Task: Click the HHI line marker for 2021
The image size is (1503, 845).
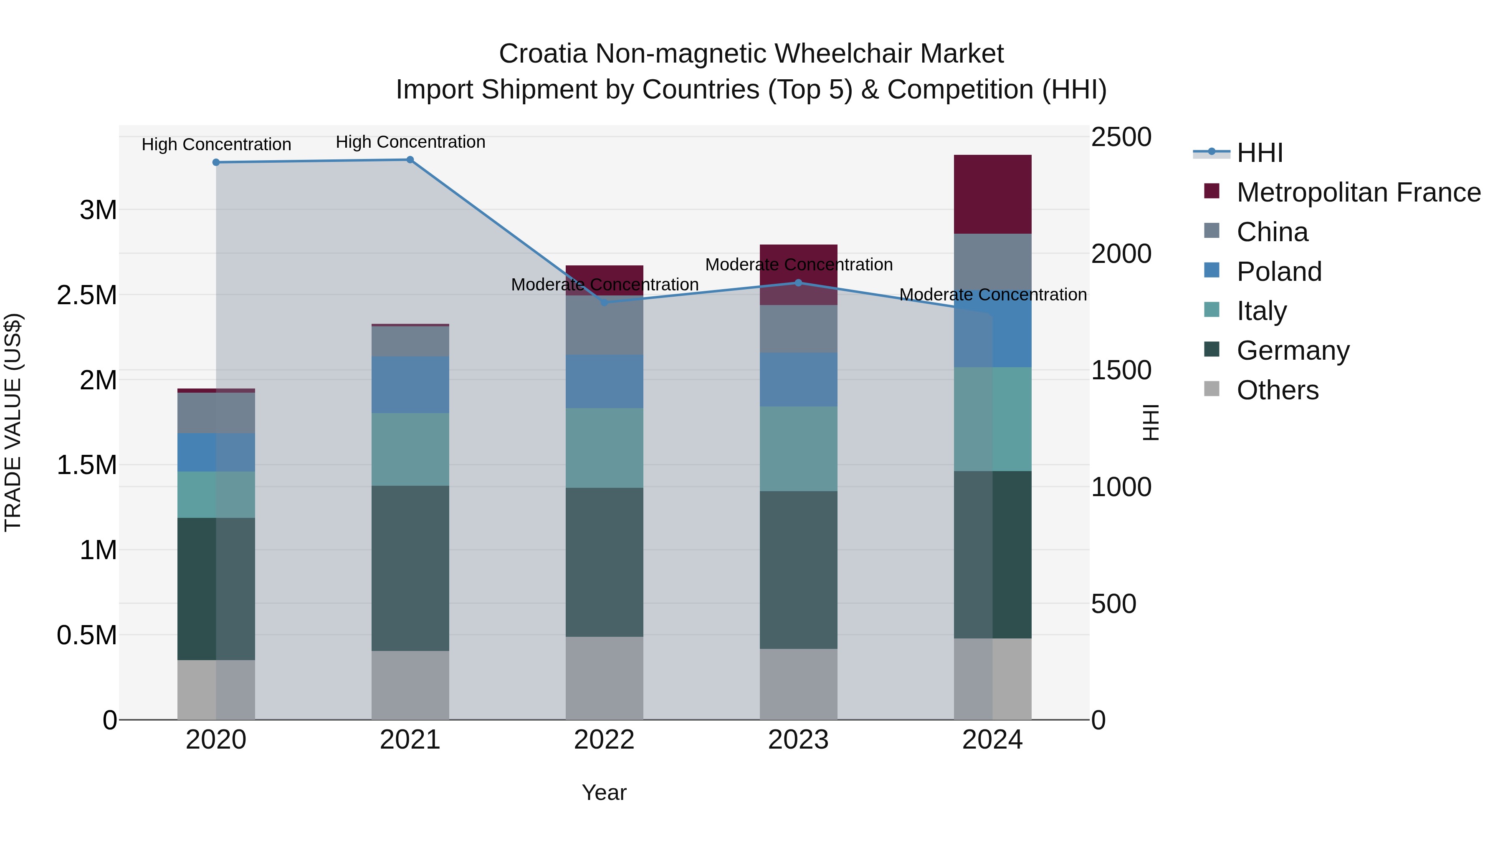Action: click(x=410, y=160)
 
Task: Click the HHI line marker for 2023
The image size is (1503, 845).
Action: click(x=798, y=283)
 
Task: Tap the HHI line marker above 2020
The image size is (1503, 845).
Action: click(x=216, y=162)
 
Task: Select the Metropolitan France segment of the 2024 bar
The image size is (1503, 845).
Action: click(x=992, y=194)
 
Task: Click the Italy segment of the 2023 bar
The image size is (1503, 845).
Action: click(x=798, y=449)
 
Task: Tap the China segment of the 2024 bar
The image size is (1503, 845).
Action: click(x=992, y=261)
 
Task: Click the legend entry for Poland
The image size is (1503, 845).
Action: click(x=1278, y=271)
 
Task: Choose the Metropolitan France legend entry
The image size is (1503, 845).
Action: click(x=1358, y=192)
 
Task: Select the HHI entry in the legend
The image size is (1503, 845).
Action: click(x=1259, y=153)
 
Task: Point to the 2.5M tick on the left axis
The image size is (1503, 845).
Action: click(x=86, y=295)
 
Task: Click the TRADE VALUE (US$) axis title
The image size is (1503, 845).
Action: click(x=13, y=422)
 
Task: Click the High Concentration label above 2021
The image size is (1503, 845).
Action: click(x=410, y=142)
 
